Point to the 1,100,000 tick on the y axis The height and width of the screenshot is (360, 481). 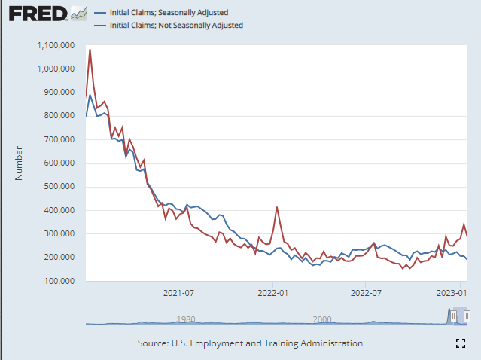54,45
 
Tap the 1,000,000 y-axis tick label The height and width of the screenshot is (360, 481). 54,69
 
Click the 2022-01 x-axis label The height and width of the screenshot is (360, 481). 272,294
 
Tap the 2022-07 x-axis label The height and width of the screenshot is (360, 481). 364,294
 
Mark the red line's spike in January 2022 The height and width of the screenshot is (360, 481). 277,207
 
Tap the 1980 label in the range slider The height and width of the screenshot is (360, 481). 186,319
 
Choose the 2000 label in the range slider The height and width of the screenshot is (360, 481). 322,319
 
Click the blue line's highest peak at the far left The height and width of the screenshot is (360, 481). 90,95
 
